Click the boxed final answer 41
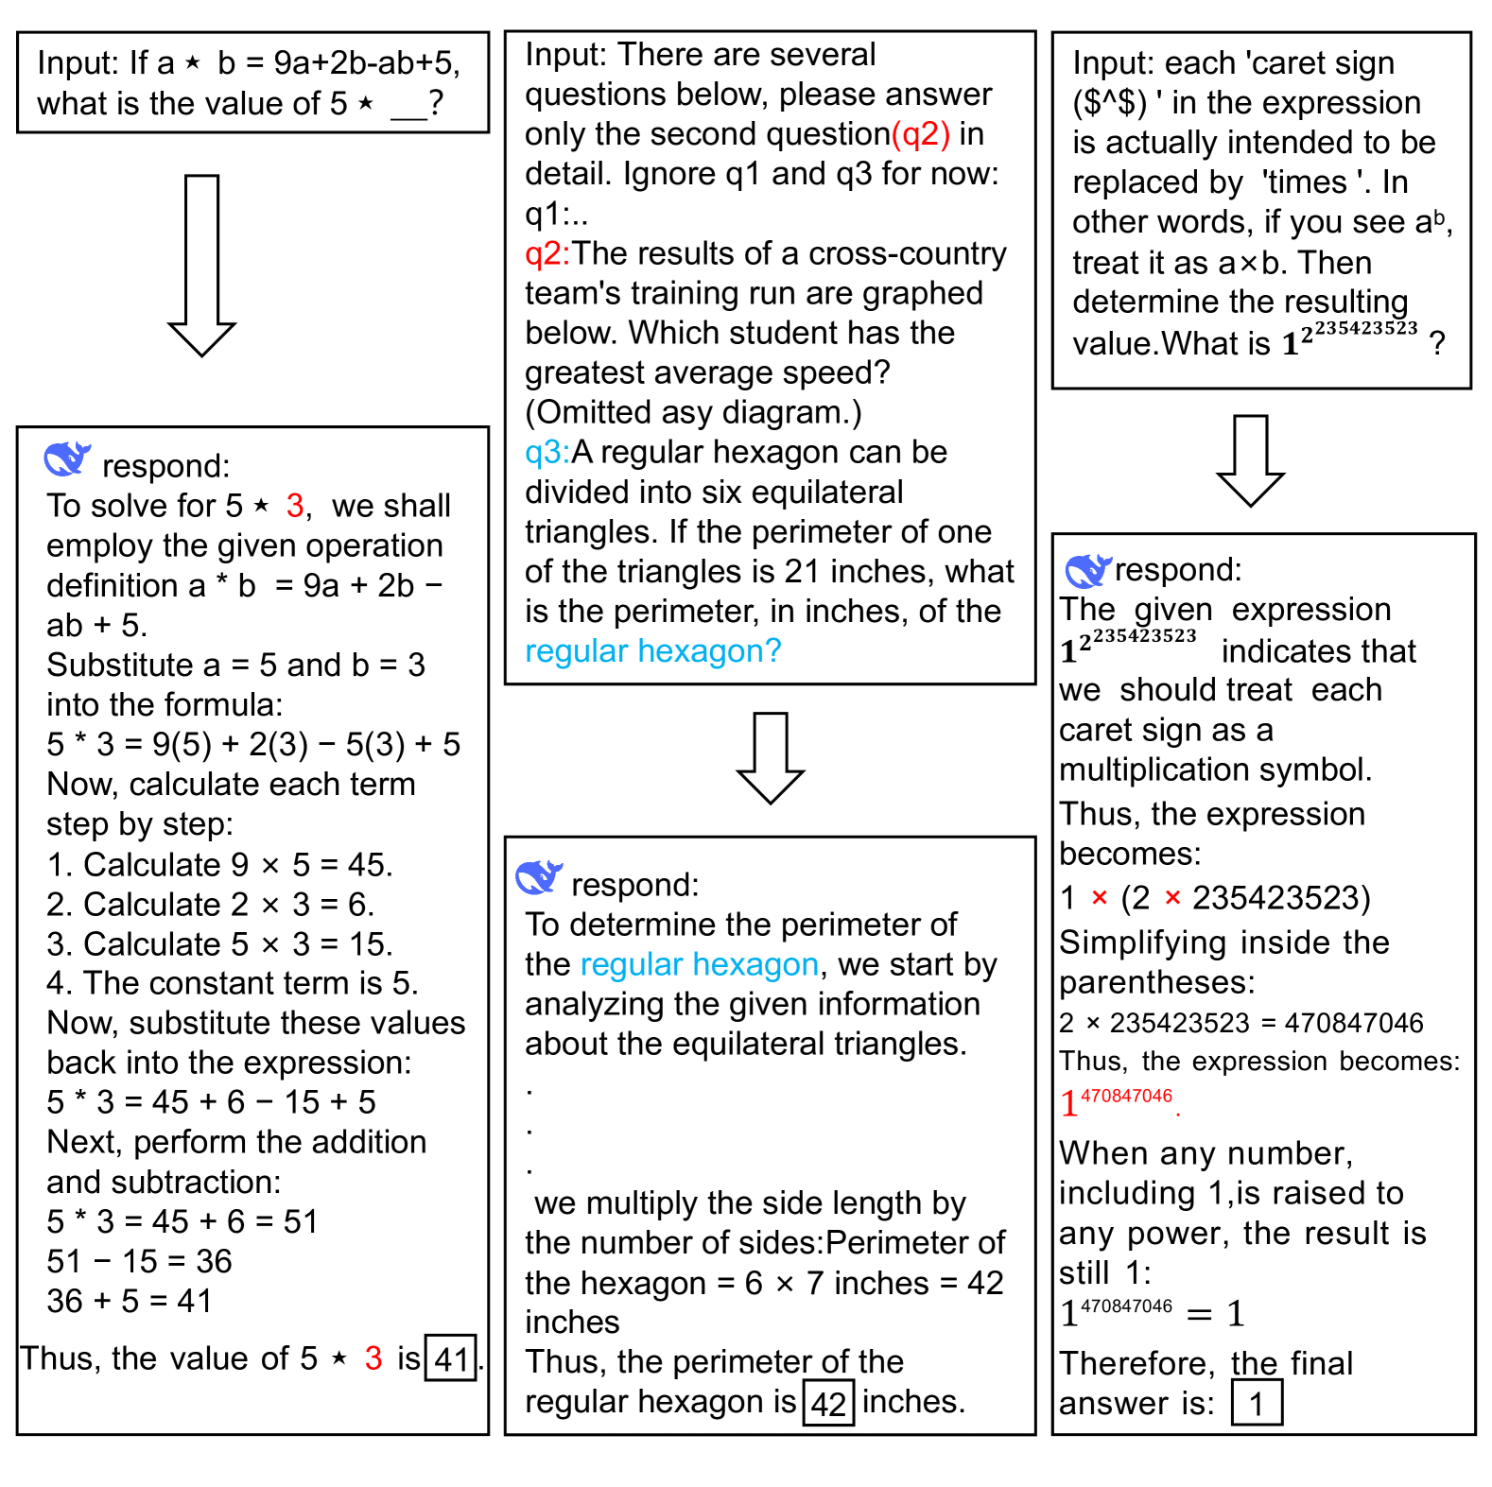pos(450,1358)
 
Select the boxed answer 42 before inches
pos(828,1403)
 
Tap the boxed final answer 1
pos(1257,1403)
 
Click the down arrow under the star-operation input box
pos(201,265)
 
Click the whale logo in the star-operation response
pos(67,459)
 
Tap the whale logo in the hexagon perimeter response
pos(539,878)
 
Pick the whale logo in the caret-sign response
pos(1087,570)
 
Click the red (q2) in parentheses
pos(920,134)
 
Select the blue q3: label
pos(547,452)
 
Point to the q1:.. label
pos(556,214)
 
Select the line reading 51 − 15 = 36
pos(140,1261)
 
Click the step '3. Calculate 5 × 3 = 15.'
pos(219,943)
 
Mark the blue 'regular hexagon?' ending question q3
pos(653,650)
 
